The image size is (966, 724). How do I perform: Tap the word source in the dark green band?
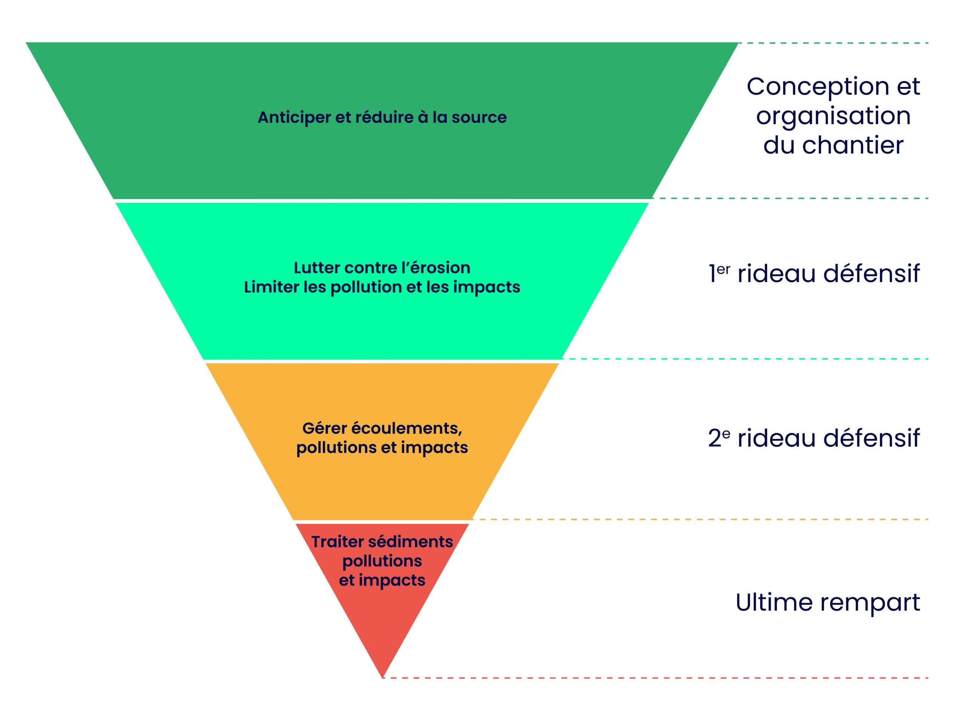click(x=479, y=118)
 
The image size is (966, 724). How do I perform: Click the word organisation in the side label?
click(x=833, y=117)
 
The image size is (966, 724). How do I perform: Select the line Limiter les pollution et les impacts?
click(x=382, y=287)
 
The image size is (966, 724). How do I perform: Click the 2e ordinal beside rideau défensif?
click(x=719, y=438)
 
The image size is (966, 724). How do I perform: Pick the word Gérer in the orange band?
click(x=325, y=428)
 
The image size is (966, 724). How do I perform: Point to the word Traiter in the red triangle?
click(x=337, y=542)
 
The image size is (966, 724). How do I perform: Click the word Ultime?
click(x=774, y=603)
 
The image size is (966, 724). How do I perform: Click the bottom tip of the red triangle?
click(x=383, y=676)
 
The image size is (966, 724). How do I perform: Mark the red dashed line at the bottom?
click(x=655, y=678)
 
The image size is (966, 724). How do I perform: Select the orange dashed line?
click(x=699, y=519)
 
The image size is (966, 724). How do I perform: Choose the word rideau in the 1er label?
click(x=776, y=274)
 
